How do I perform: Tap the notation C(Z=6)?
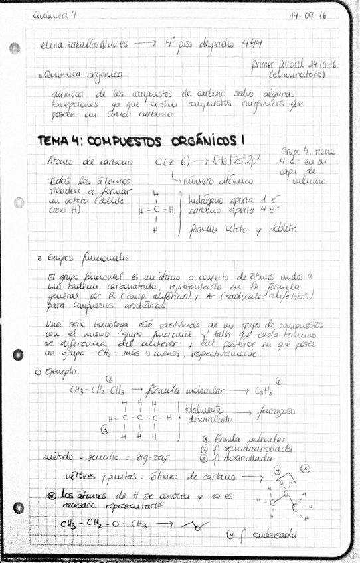[171, 161]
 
